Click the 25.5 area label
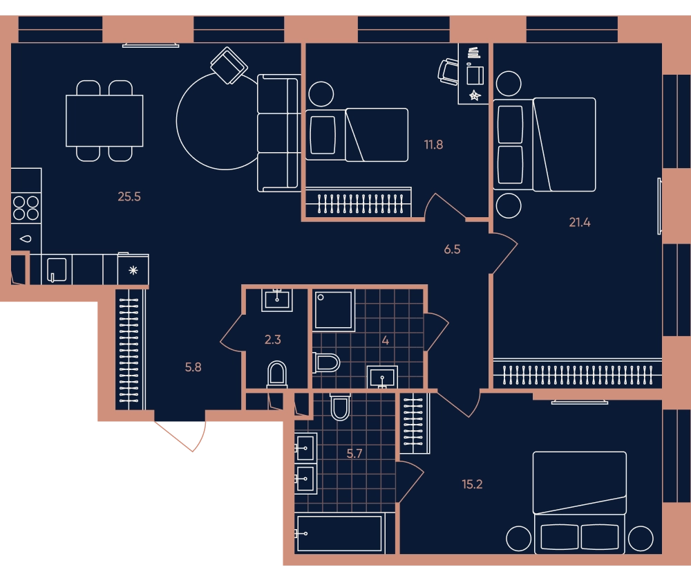point(129,196)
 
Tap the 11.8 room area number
point(434,145)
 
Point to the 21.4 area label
point(580,222)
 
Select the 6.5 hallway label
point(452,249)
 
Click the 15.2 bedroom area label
point(472,484)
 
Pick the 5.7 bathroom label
point(354,454)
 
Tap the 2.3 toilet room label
point(273,340)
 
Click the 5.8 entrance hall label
point(193,367)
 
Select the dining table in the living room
point(104,120)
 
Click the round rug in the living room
point(177,121)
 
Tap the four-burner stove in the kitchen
point(26,207)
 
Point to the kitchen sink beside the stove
point(26,239)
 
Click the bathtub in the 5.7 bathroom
point(339,533)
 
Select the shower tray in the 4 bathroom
point(334,310)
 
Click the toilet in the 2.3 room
point(277,375)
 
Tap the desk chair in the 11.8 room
point(448,71)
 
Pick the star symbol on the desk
point(475,95)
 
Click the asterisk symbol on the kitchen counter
point(133,270)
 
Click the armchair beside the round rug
point(229,66)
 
